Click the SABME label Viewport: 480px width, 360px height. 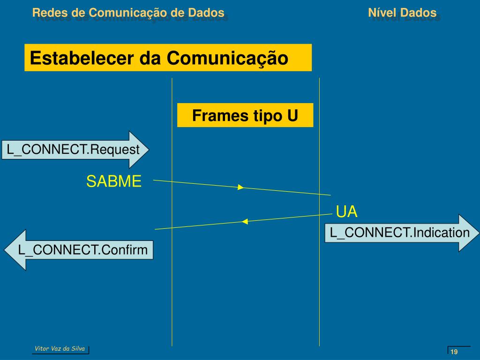point(113,181)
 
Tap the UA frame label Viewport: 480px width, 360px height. point(347,212)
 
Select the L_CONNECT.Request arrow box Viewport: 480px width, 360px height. point(74,150)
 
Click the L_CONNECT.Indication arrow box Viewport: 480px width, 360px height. point(400,232)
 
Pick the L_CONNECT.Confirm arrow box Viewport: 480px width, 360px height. point(80,250)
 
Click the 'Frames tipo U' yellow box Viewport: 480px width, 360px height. point(245,115)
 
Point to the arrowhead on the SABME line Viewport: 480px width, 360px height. point(240,187)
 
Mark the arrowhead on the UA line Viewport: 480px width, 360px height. point(244,221)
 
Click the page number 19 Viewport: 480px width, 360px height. point(454,352)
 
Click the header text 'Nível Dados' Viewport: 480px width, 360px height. point(402,13)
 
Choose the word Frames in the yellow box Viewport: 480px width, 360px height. point(216,115)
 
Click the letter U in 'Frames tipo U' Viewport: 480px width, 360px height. point(292,115)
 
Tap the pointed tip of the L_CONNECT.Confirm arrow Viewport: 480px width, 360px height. point(6,249)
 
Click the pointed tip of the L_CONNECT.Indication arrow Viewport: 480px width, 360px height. point(478,233)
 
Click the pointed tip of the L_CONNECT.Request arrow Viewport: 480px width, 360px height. point(149,150)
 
